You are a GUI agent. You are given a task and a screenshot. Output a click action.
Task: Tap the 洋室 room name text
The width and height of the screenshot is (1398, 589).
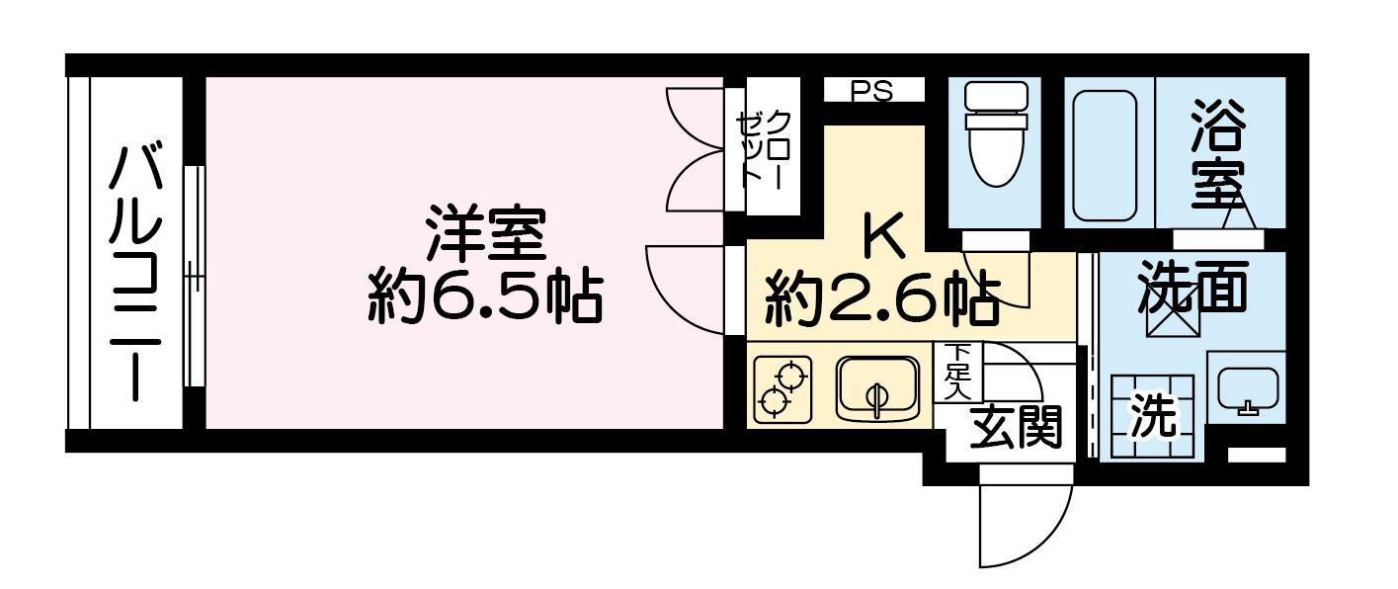(484, 232)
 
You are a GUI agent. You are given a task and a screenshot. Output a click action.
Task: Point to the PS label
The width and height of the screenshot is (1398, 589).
(872, 91)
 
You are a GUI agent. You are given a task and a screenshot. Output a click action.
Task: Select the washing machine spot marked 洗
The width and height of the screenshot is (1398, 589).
(1152, 417)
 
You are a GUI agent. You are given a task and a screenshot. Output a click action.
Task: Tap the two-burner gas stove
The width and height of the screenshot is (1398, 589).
(782, 390)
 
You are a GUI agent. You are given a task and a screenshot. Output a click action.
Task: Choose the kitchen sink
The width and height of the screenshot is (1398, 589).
(876, 388)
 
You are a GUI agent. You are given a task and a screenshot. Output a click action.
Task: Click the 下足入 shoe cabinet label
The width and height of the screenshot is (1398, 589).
(956, 372)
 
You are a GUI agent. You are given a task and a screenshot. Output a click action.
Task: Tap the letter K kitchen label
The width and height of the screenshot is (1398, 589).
(882, 235)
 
